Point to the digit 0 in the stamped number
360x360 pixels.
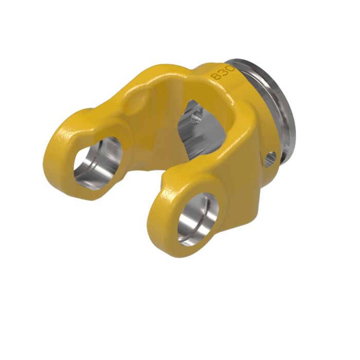pyautogui.click(x=229, y=66)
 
